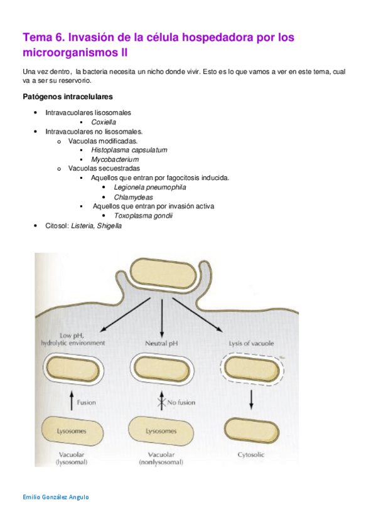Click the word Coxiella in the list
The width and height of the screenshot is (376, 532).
click(x=104, y=122)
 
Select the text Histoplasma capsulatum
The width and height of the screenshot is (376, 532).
click(x=129, y=150)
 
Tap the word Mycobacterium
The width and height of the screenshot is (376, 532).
click(x=115, y=159)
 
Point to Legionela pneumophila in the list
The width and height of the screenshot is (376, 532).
click(x=150, y=187)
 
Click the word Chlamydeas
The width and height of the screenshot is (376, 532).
click(x=133, y=197)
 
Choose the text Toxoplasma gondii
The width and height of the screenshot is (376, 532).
click(x=143, y=216)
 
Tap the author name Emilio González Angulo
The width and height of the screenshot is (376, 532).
click(x=55, y=497)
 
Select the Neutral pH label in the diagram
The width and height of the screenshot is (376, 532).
click(x=162, y=343)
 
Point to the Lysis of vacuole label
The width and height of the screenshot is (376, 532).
click(x=250, y=343)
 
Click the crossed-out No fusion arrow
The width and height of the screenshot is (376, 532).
click(x=163, y=403)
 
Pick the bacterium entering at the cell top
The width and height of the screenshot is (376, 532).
click(x=163, y=274)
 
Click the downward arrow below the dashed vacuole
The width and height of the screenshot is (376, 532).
click(x=251, y=401)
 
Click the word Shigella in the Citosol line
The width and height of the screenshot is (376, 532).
click(x=109, y=225)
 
